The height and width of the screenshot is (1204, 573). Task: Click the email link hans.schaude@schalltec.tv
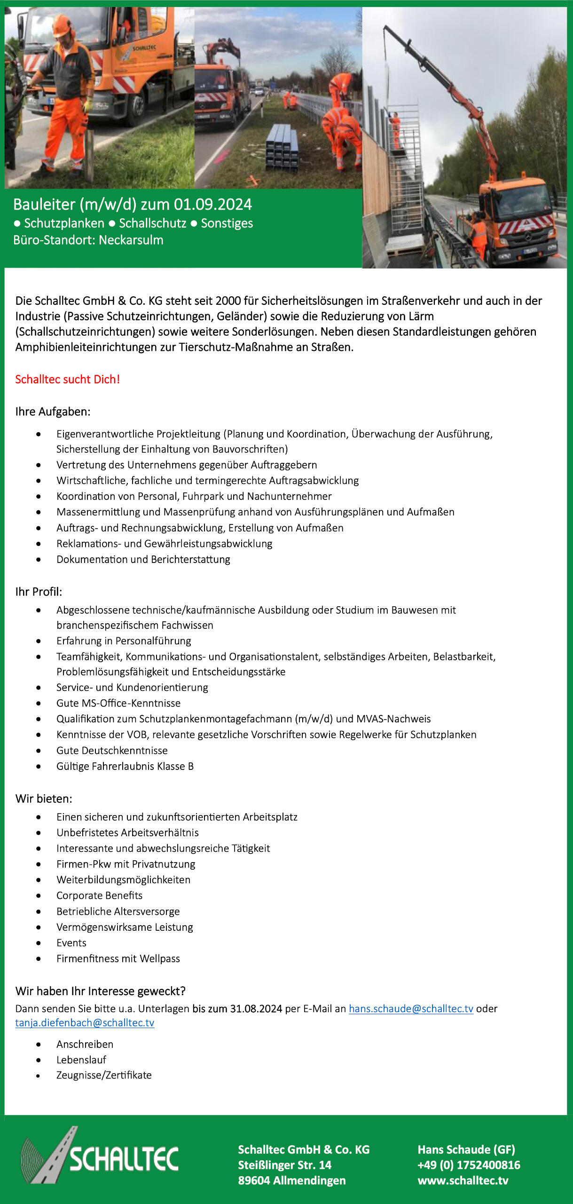tap(411, 1008)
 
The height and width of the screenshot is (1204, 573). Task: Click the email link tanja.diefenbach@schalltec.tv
tap(85, 1022)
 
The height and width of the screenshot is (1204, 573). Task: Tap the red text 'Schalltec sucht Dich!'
tap(68, 379)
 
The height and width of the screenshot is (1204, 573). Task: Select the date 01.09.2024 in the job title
tap(213, 205)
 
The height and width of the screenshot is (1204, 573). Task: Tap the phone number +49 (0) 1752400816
tap(469, 1165)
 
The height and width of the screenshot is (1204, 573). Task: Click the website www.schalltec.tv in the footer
tap(463, 1180)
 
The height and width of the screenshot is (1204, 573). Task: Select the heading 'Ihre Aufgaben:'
tap(53, 412)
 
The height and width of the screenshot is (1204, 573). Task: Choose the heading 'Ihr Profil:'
tap(39, 592)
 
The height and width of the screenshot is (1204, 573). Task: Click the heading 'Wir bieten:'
tap(44, 799)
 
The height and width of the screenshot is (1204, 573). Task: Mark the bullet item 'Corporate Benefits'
tap(99, 895)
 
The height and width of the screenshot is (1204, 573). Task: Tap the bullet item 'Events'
tap(71, 943)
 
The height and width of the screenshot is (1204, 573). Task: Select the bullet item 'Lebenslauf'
tap(81, 1060)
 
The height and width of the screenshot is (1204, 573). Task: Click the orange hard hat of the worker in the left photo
tap(61, 26)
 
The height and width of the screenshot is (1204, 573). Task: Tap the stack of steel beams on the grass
tap(282, 147)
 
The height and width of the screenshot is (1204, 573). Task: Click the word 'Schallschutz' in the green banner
tap(152, 223)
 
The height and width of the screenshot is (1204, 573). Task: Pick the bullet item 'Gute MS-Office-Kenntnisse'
tap(118, 703)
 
